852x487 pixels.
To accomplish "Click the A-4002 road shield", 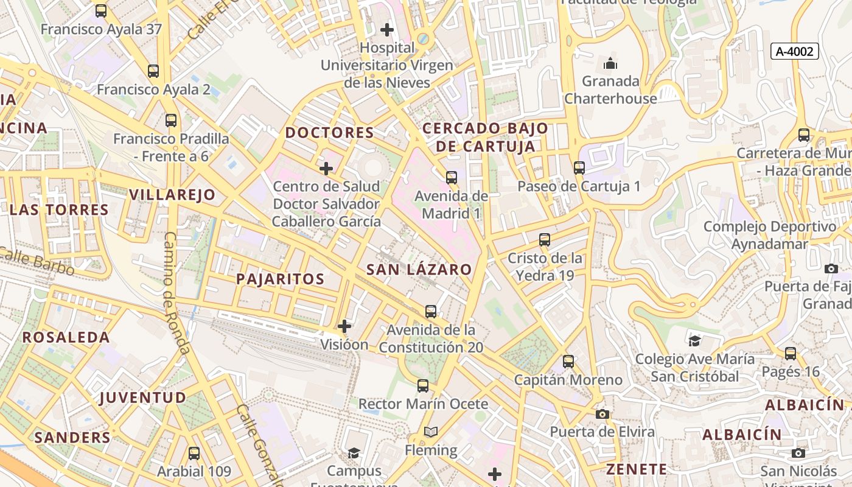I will pyautogui.click(x=795, y=52).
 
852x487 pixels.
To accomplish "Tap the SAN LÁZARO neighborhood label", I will pyautogui.click(x=419, y=270).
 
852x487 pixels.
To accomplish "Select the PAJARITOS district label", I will pyautogui.click(x=280, y=279).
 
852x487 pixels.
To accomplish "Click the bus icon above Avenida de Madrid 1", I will pyautogui.click(x=451, y=178).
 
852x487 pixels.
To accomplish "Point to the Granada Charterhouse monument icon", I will pyautogui.click(x=610, y=63).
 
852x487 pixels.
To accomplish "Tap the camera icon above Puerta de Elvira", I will pyautogui.click(x=602, y=414).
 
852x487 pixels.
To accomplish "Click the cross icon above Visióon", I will pyautogui.click(x=344, y=326).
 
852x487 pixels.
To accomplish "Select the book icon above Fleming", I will pyautogui.click(x=431, y=432).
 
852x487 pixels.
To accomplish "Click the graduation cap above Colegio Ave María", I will pyautogui.click(x=694, y=341).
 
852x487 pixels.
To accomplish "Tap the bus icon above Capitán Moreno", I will pyautogui.click(x=568, y=362).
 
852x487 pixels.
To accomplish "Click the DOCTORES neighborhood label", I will pyautogui.click(x=329, y=133).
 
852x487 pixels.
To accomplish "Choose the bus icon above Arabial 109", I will pyautogui.click(x=194, y=454).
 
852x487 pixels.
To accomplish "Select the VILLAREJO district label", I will pyautogui.click(x=172, y=195).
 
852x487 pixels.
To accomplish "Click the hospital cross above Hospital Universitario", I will pyautogui.click(x=387, y=29).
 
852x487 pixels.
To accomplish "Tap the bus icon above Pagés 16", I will pyautogui.click(x=791, y=353).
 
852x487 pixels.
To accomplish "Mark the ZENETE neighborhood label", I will pyautogui.click(x=637, y=469).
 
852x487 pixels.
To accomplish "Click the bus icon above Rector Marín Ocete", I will pyautogui.click(x=423, y=386).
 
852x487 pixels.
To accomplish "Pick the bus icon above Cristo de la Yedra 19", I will pyautogui.click(x=545, y=240).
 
